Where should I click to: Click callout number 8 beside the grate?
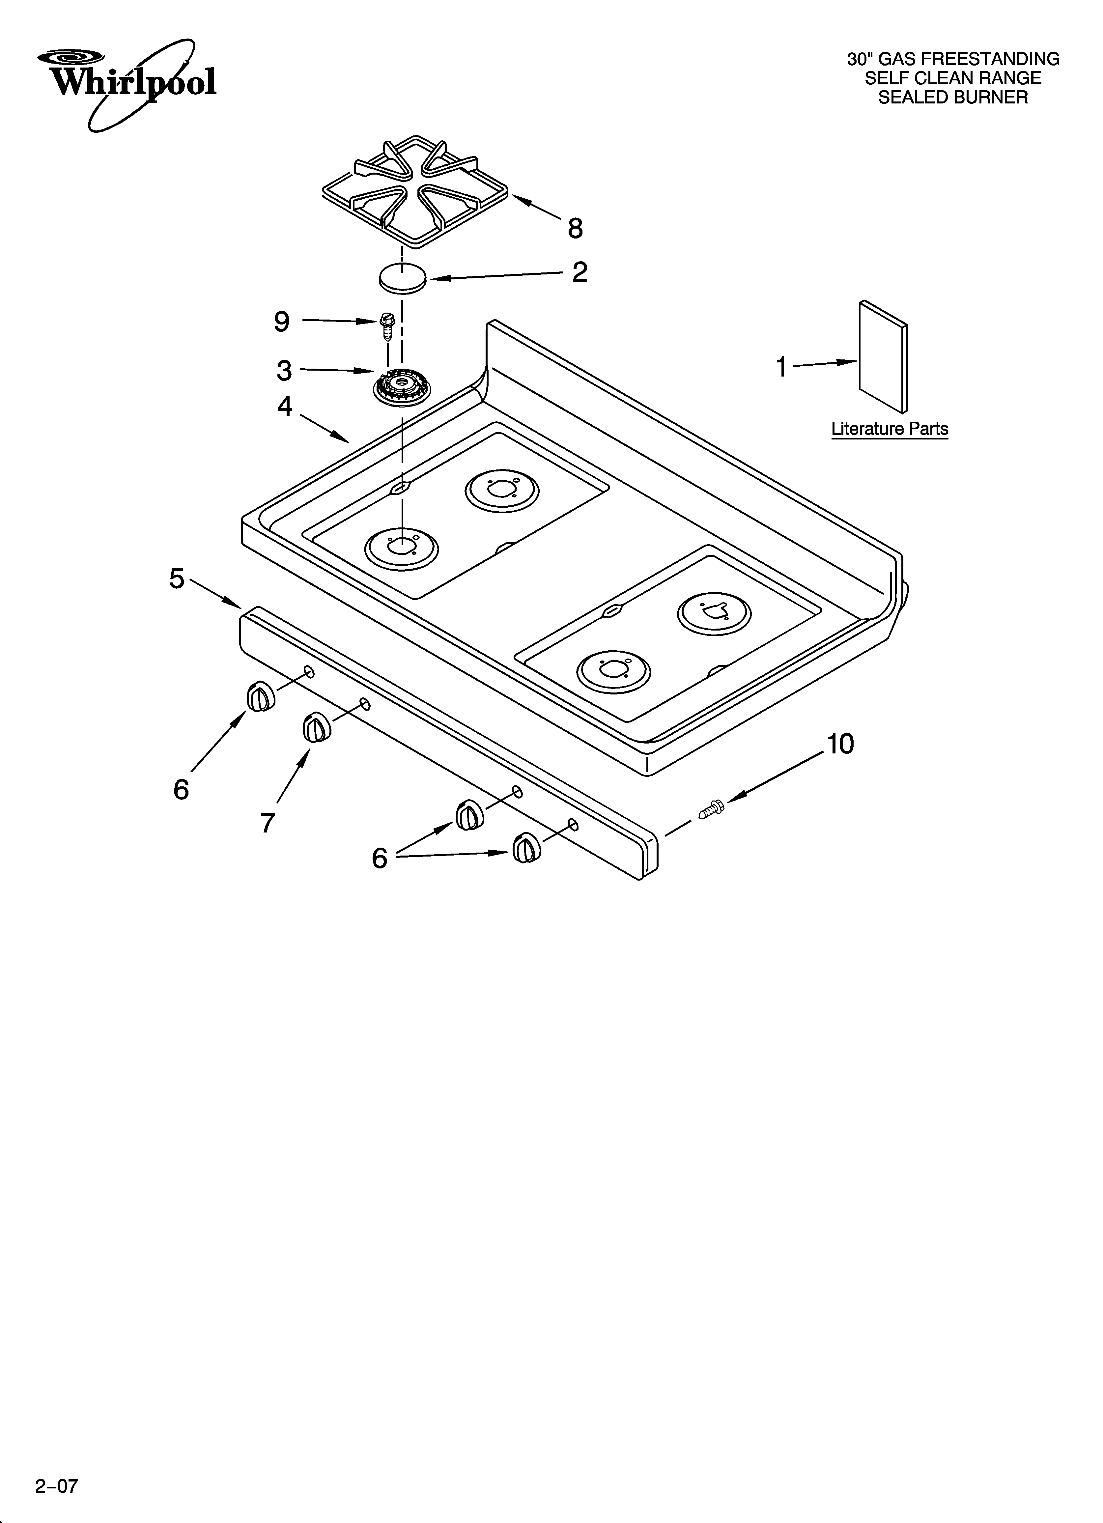(575, 228)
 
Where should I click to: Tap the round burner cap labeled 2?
(402, 278)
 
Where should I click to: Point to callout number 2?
(579, 272)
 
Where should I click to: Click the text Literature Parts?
(890, 428)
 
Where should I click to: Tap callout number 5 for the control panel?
(177, 578)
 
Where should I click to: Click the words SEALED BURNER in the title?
(952, 98)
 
